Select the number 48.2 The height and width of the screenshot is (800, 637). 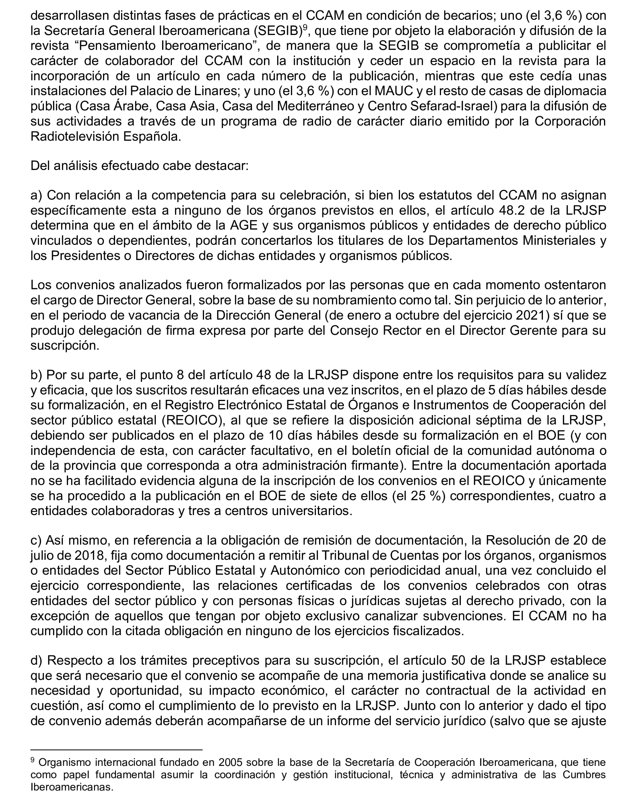pos(515,210)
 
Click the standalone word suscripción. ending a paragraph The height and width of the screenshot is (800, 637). pos(65,345)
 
